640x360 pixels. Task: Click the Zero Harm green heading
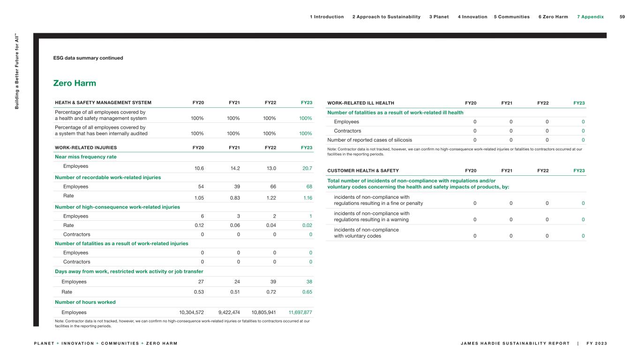point(75,83)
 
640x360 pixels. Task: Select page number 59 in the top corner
point(622,17)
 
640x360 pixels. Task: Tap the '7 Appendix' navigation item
point(590,17)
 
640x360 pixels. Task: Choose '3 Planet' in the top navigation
point(439,17)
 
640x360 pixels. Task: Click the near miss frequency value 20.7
point(307,168)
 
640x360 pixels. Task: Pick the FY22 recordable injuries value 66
point(272,187)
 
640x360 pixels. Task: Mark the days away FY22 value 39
point(272,282)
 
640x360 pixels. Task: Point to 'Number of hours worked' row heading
point(85,302)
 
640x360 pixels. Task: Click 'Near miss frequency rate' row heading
point(86,157)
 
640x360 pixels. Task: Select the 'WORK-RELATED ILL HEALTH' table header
point(361,103)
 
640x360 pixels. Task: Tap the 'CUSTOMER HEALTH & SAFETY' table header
point(363,171)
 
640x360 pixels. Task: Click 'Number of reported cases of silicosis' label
point(369,140)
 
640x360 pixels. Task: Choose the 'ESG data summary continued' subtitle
point(88,58)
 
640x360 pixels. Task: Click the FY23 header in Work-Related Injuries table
point(307,147)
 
